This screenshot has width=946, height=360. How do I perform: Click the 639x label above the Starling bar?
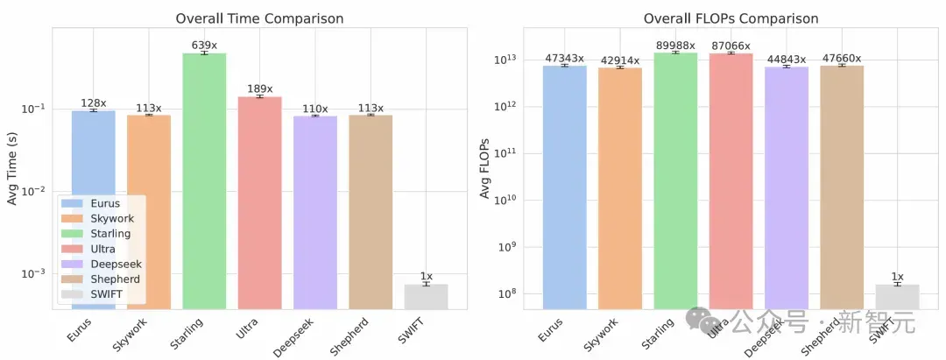[204, 45]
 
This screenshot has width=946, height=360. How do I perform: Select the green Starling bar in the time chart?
[204, 181]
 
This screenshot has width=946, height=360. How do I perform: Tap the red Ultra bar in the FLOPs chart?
[731, 181]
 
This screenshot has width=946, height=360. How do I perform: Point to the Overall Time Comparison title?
[259, 18]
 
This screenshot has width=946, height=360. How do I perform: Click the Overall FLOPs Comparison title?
[731, 18]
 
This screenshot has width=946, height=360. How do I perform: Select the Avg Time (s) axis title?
[12, 169]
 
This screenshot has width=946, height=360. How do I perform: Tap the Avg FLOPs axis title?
[485, 169]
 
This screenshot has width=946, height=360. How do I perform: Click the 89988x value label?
[675, 46]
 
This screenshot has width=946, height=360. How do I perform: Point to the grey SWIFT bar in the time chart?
[426, 297]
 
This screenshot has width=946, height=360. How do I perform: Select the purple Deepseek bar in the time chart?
[315, 213]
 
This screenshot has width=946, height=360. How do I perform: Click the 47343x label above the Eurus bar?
[564, 59]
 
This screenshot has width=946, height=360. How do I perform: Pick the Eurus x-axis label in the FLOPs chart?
[550, 330]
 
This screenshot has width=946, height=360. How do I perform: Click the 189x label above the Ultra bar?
[259, 89]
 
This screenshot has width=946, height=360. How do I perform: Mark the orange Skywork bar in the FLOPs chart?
[620, 188]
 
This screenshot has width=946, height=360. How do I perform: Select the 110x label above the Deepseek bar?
[315, 109]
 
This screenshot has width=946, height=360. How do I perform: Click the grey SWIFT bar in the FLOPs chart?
[898, 297]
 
